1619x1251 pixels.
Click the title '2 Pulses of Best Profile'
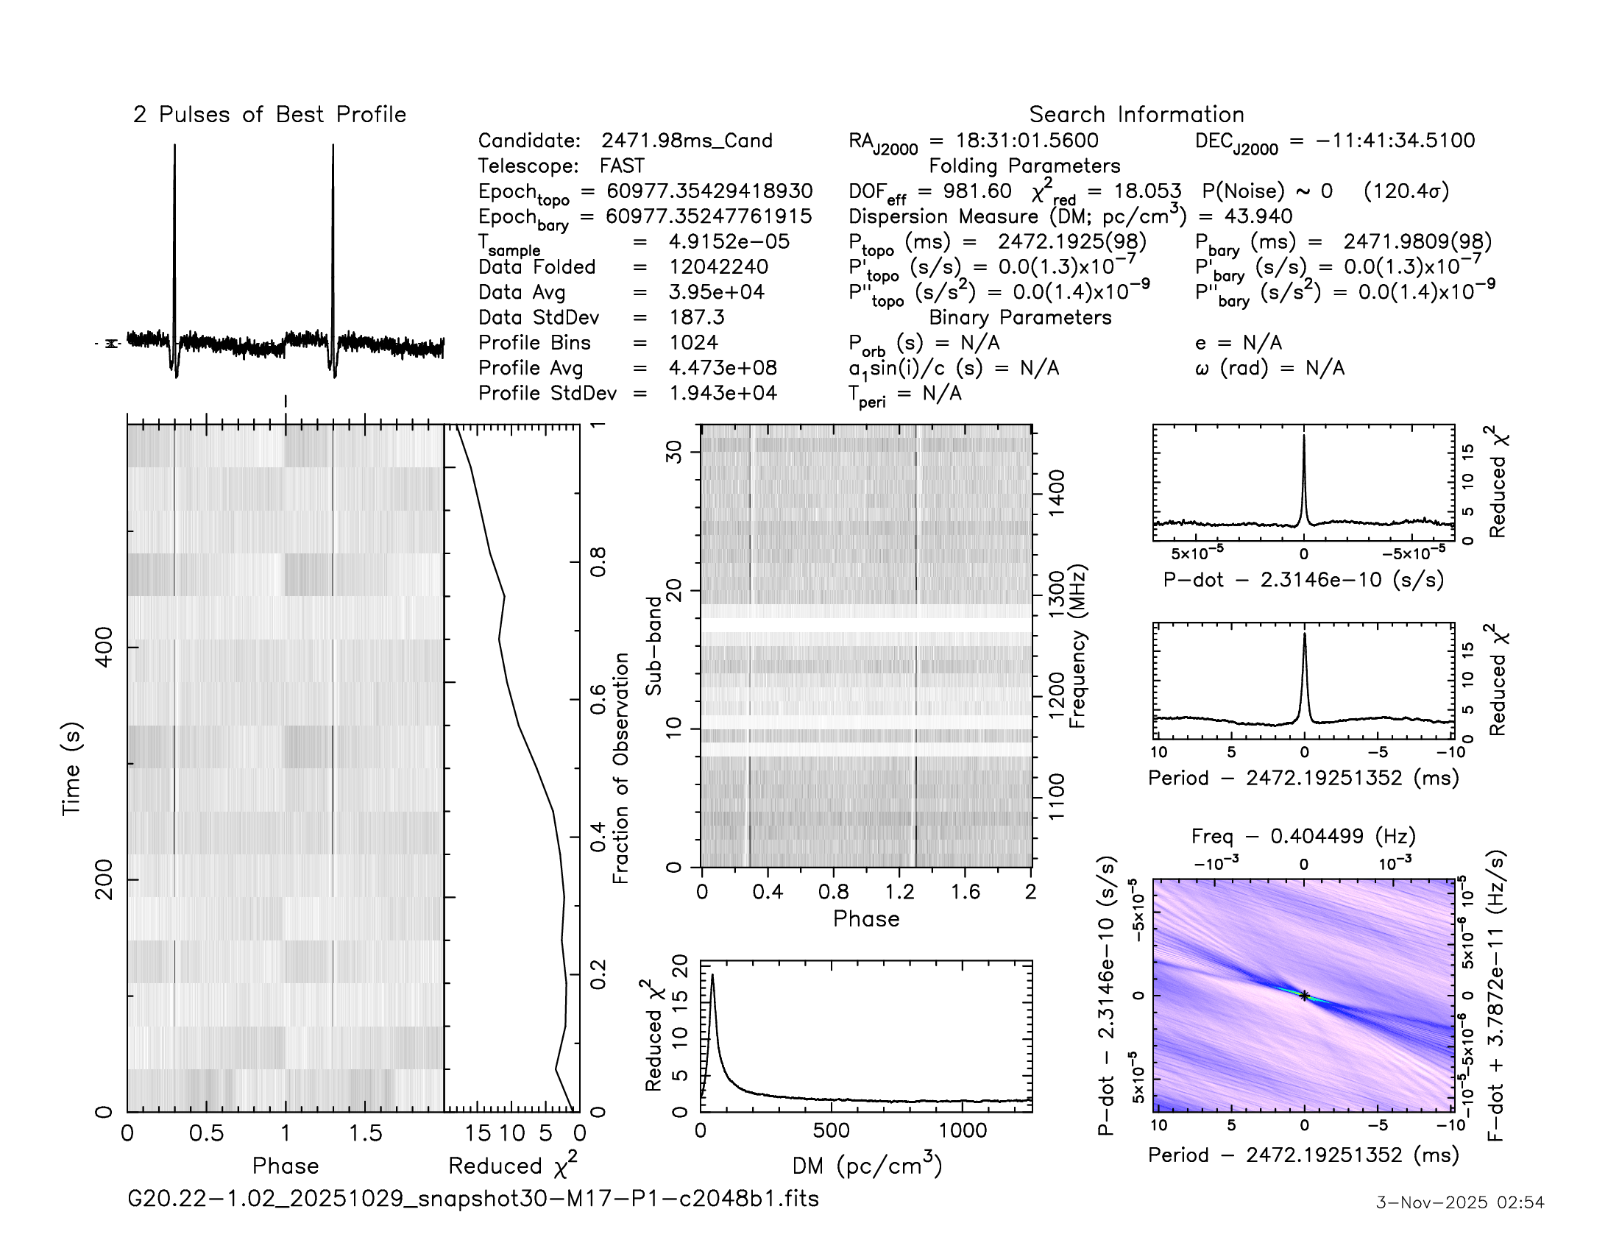tap(269, 115)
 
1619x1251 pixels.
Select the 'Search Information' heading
tap(1136, 115)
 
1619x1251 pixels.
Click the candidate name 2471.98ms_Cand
tap(687, 141)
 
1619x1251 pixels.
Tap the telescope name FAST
tap(622, 166)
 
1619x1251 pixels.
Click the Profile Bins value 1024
tap(693, 342)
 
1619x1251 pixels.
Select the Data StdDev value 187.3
tap(696, 317)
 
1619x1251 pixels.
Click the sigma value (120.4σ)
tap(1406, 191)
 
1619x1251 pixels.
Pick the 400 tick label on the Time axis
tap(104, 647)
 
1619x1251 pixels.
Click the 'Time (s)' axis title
tap(72, 768)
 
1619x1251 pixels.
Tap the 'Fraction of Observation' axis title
tap(620, 768)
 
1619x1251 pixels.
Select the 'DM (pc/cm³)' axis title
tap(867, 1166)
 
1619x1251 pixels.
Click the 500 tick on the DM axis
tap(831, 1131)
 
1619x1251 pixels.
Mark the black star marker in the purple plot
tap(1304, 996)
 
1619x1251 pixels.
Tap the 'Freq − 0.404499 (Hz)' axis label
tap(1303, 836)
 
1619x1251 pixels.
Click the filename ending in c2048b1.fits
tap(473, 1198)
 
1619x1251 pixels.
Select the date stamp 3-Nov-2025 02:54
tap(1459, 1202)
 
